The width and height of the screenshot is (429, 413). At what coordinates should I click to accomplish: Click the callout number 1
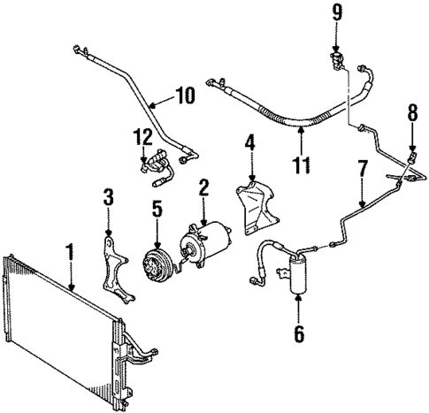pyautogui.click(x=67, y=250)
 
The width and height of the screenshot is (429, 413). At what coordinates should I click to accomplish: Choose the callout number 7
pyautogui.click(x=361, y=167)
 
